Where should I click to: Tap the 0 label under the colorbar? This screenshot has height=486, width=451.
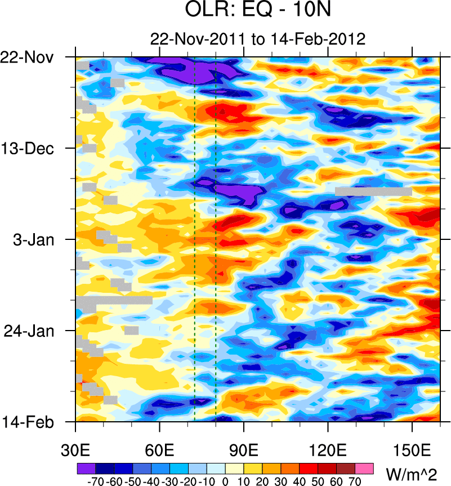[x=225, y=481]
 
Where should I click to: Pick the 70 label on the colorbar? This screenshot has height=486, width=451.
[x=355, y=481]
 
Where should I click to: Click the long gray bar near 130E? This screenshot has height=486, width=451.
[x=373, y=191]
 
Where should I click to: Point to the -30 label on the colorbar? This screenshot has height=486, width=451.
[x=169, y=481]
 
